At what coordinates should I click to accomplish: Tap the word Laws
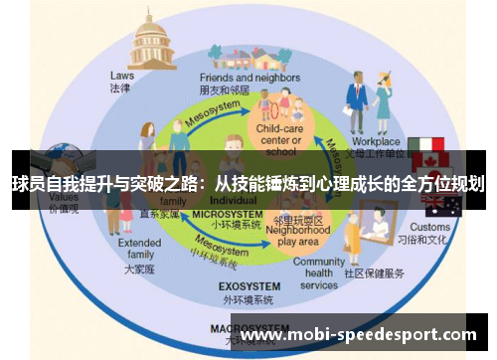click(x=122, y=74)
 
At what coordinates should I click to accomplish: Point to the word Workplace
click(x=376, y=142)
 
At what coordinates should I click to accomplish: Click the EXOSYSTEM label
click(x=246, y=285)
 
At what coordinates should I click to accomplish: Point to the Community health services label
click(x=319, y=272)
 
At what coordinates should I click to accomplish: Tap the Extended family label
click(x=139, y=249)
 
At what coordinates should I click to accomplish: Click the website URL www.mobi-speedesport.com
click(x=359, y=335)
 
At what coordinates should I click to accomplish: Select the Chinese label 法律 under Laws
click(x=121, y=88)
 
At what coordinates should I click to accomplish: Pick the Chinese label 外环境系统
click(x=246, y=299)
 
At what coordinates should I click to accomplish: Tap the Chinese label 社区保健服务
click(x=376, y=272)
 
